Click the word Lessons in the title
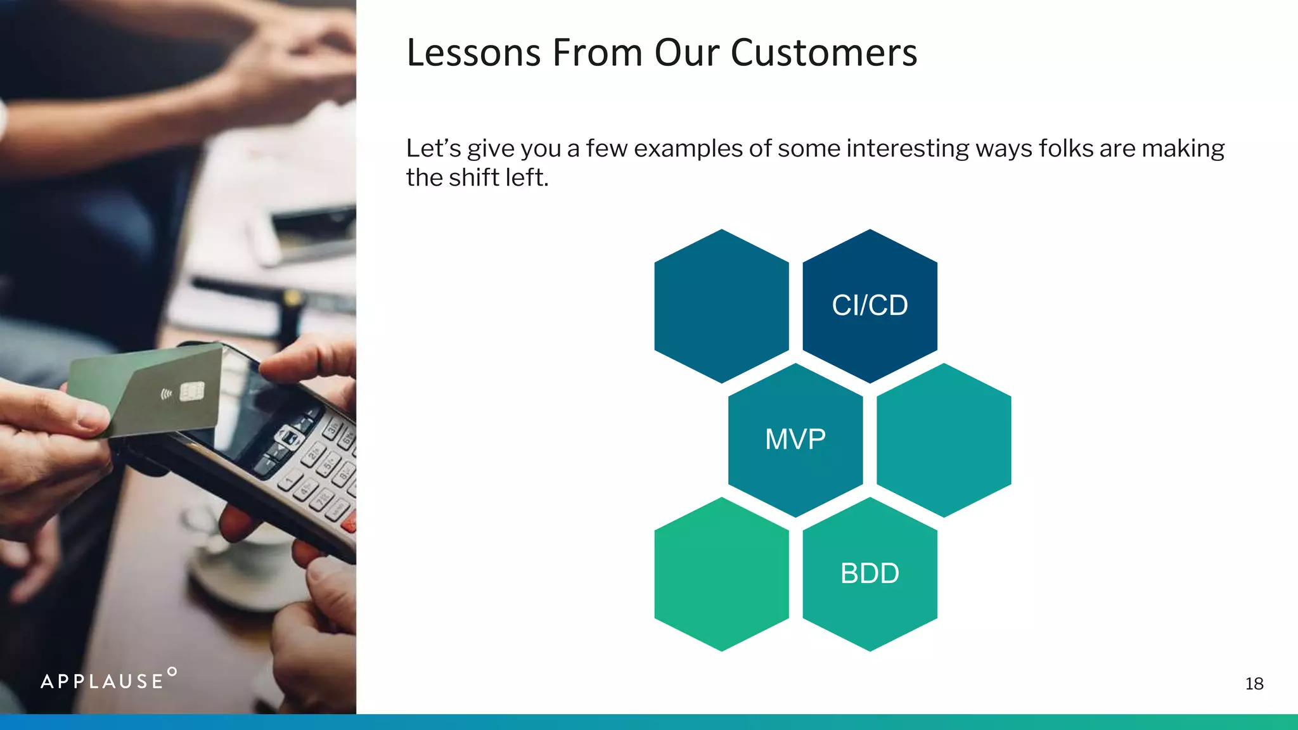pyautogui.click(x=473, y=53)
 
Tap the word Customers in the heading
pyautogui.click(x=823, y=53)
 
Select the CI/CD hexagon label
pyautogui.click(x=870, y=305)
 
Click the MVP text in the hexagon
pyautogui.click(x=795, y=439)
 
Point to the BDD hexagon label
pyautogui.click(x=870, y=573)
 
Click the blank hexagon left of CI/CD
pyautogui.click(x=721, y=306)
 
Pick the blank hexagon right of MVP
pyautogui.click(x=944, y=440)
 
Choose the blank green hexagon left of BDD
pyautogui.click(x=721, y=574)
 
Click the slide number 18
pyautogui.click(x=1254, y=684)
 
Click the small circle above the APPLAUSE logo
pyautogui.click(x=172, y=671)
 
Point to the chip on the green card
pyautogui.click(x=192, y=392)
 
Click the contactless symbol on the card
pyautogui.click(x=166, y=395)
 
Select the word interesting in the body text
pyautogui.click(x=906, y=148)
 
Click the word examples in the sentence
pyautogui.click(x=688, y=148)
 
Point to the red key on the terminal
pyautogui.click(x=349, y=523)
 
